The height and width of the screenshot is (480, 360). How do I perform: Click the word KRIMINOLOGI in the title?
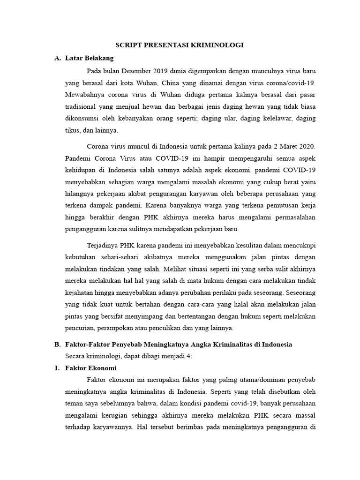219,45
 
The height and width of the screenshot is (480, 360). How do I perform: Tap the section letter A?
58,59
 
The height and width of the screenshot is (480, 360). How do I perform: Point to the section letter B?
58,344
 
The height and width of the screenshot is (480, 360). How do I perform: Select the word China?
180,83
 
